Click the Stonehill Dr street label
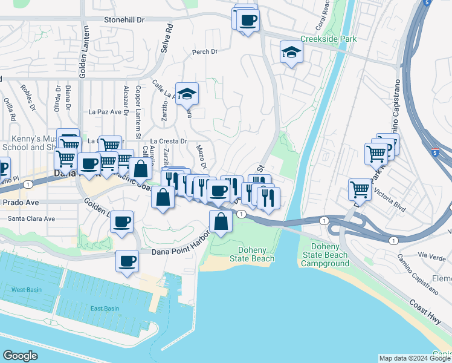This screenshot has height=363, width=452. click(125, 19)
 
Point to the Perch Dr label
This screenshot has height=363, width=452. click(204, 52)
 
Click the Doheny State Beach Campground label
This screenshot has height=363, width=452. click(330, 255)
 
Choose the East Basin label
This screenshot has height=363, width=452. click(105, 309)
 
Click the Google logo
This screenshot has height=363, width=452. click(21, 355)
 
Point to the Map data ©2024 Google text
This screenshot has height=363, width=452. click(414, 358)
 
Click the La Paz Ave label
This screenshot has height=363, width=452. click(106, 112)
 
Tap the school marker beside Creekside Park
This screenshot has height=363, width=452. click(291, 53)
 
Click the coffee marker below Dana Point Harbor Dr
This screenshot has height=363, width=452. click(127, 261)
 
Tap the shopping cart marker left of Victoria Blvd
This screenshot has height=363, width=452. click(360, 189)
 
